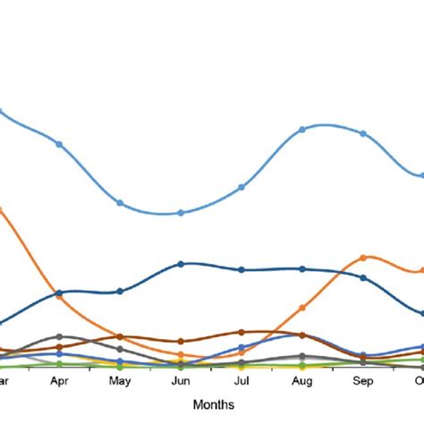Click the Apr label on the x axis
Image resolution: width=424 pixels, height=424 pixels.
(x=59, y=380)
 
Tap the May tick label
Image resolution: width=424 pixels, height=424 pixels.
(x=120, y=380)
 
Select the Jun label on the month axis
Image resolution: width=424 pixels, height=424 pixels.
(x=181, y=380)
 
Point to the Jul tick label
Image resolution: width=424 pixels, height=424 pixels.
(x=242, y=380)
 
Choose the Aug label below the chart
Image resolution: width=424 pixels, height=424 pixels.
(x=302, y=380)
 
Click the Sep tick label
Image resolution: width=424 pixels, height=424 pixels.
(x=363, y=380)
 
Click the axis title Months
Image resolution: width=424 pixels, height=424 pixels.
(x=212, y=404)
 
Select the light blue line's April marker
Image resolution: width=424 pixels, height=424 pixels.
(x=59, y=144)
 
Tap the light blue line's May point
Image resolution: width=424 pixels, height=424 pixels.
(x=120, y=203)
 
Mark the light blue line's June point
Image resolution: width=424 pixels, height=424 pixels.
(x=181, y=213)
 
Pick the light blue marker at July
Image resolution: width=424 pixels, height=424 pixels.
(x=242, y=188)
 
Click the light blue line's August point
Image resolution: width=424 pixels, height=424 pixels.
(x=302, y=130)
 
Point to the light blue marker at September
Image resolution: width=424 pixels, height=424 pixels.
(x=363, y=134)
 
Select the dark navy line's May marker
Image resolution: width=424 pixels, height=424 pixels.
(x=120, y=291)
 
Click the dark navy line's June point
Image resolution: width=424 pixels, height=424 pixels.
(x=181, y=264)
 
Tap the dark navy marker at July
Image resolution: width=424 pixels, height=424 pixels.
(x=242, y=269)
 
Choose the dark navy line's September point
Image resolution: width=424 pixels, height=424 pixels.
(x=363, y=278)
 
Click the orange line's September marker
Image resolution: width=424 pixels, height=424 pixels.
(x=363, y=258)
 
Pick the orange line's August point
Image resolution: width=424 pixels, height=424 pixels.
(x=302, y=308)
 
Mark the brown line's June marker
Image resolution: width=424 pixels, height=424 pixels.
(x=181, y=341)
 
